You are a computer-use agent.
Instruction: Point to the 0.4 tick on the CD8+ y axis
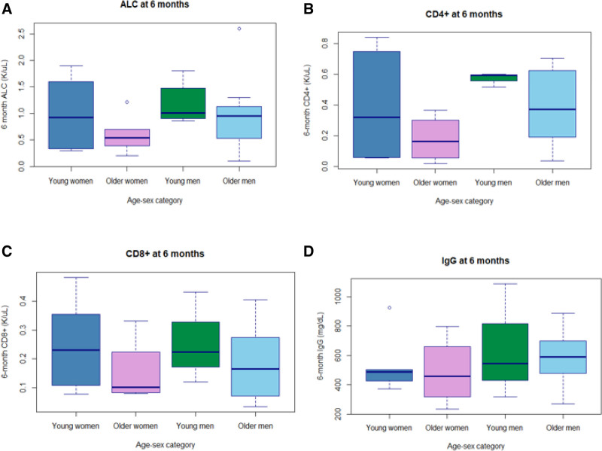click(20, 300)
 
